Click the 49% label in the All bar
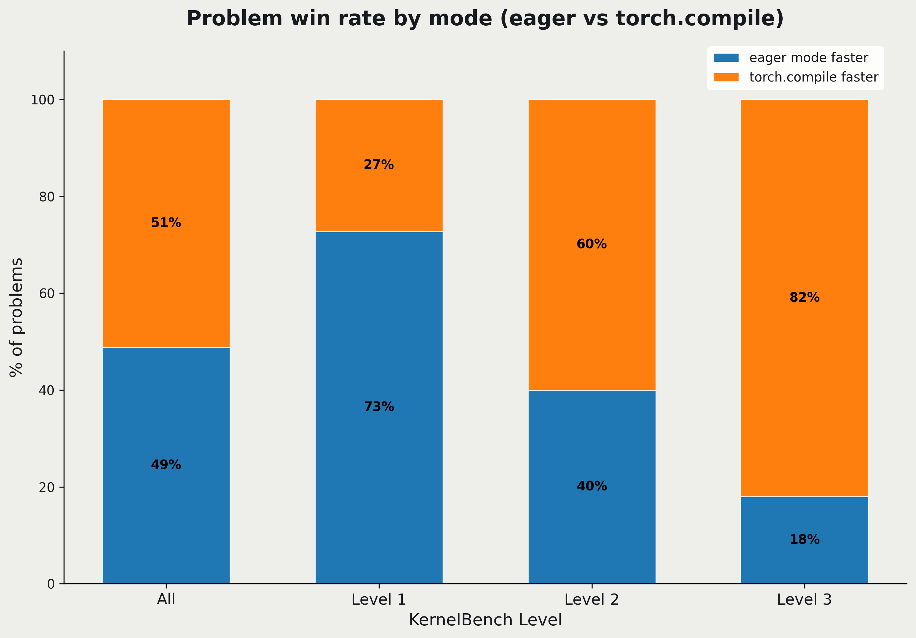[x=166, y=465]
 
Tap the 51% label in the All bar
[x=166, y=223]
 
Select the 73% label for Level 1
[x=379, y=407]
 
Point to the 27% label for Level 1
[x=379, y=165]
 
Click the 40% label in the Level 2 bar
[x=592, y=486]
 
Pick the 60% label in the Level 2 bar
[x=592, y=244]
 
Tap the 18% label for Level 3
[x=804, y=539]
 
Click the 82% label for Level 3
[x=804, y=297]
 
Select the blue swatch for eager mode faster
[x=726, y=58]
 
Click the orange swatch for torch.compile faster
[x=726, y=77]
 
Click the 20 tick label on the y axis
[x=46, y=487]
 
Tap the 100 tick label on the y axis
[x=43, y=100]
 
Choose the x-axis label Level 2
[x=592, y=600]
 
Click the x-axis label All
[x=166, y=600]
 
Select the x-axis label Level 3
[x=804, y=600]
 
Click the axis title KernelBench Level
[x=485, y=620]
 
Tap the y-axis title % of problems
[x=17, y=317]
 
